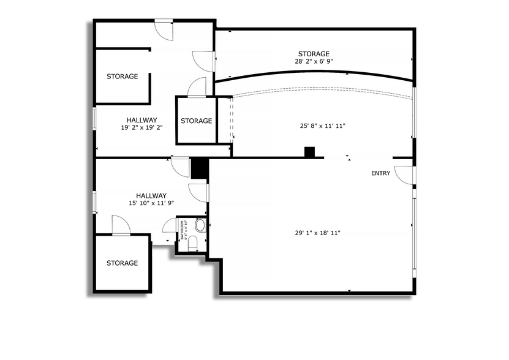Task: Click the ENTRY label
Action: point(380,173)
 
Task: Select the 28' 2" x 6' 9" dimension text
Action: point(314,61)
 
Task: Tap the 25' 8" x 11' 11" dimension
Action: point(323,126)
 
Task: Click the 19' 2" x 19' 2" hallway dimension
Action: point(141,128)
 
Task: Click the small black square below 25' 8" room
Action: point(309,152)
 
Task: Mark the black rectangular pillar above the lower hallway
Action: point(199,168)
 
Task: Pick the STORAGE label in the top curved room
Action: point(314,54)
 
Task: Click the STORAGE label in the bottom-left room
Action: point(122,263)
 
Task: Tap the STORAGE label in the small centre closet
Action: point(196,121)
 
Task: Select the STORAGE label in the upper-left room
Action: point(122,77)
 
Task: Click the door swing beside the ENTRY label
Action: point(404,174)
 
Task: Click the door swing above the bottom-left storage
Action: point(121,225)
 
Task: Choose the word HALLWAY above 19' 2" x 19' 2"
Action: point(141,120)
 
